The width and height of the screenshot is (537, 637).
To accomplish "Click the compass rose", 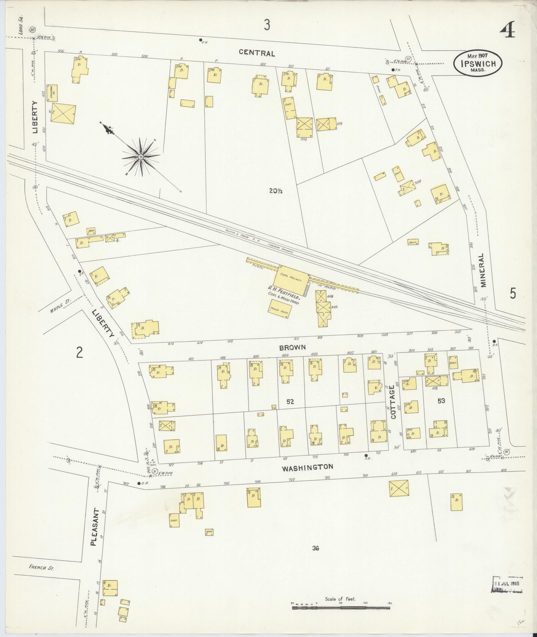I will click(140, 157).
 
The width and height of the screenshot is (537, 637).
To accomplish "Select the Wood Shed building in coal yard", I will click(279, 309).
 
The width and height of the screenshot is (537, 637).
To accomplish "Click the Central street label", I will click(257, 53).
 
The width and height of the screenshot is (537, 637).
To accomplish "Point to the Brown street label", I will click(292, 347).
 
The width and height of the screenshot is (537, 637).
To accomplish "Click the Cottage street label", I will click(393, 402).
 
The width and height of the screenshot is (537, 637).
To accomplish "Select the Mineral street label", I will click(483, 270).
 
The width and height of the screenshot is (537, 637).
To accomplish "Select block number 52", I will click(290, 402).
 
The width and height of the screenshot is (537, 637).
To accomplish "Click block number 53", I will click(441, 401).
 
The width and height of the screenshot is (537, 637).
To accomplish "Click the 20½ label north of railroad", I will click(276, 191).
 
